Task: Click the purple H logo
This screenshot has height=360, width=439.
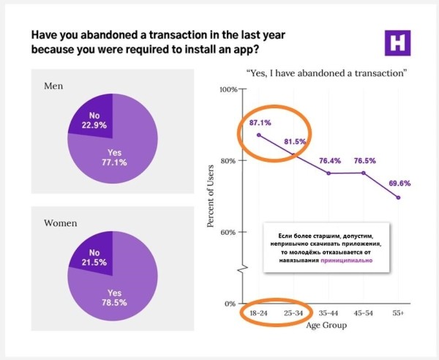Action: [397, 43]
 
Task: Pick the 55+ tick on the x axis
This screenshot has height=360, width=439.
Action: [398, 312]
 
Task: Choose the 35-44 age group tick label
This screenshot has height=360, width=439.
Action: [329, 312]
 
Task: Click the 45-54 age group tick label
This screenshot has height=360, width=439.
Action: [364, 312]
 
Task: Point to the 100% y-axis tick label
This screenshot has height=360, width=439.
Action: [228, 89]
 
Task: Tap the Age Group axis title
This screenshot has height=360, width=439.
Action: [328, 326]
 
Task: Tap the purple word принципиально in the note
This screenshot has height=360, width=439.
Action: [348, 260]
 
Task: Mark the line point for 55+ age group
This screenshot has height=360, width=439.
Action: [398, 198]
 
